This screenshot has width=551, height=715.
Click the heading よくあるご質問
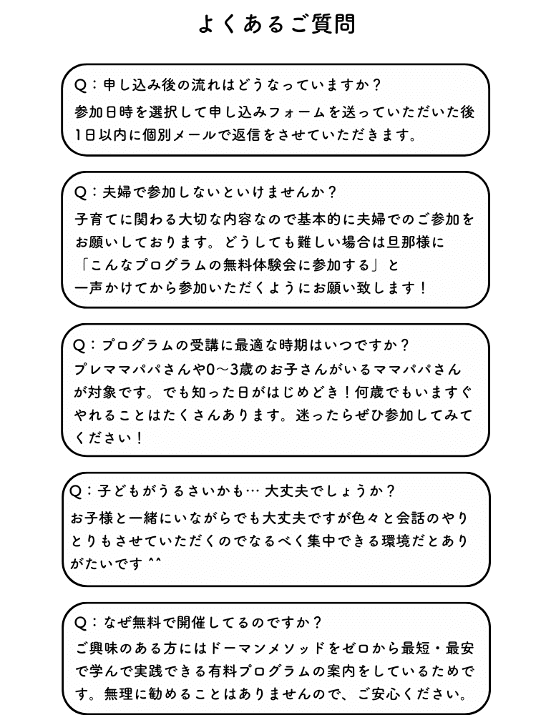[276, 24]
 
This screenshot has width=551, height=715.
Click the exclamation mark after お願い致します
[423, 288]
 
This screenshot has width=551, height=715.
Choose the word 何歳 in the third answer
[369, 392]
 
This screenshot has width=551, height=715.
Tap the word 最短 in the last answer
[416, 649]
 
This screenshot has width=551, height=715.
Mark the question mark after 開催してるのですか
[318, 623]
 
